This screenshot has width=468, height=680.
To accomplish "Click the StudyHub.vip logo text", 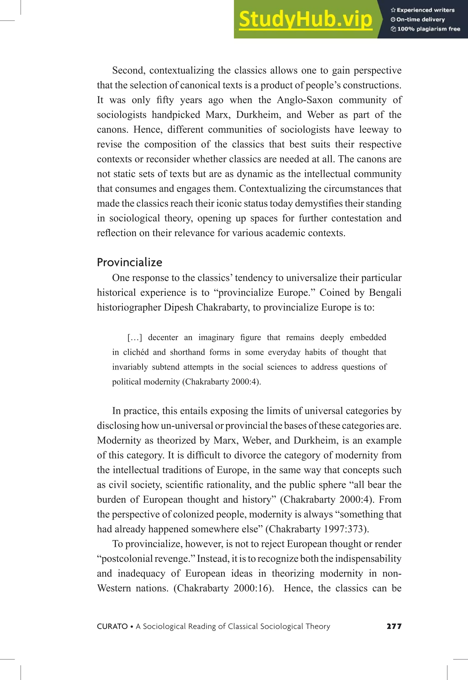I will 305,19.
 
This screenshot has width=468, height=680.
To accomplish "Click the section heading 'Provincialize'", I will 129,262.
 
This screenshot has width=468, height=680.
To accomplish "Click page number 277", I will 394,626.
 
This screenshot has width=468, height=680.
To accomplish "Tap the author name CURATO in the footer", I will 112,626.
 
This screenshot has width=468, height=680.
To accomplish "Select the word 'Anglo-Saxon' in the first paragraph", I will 305,100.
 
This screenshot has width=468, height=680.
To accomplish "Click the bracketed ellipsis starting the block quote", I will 135,338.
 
